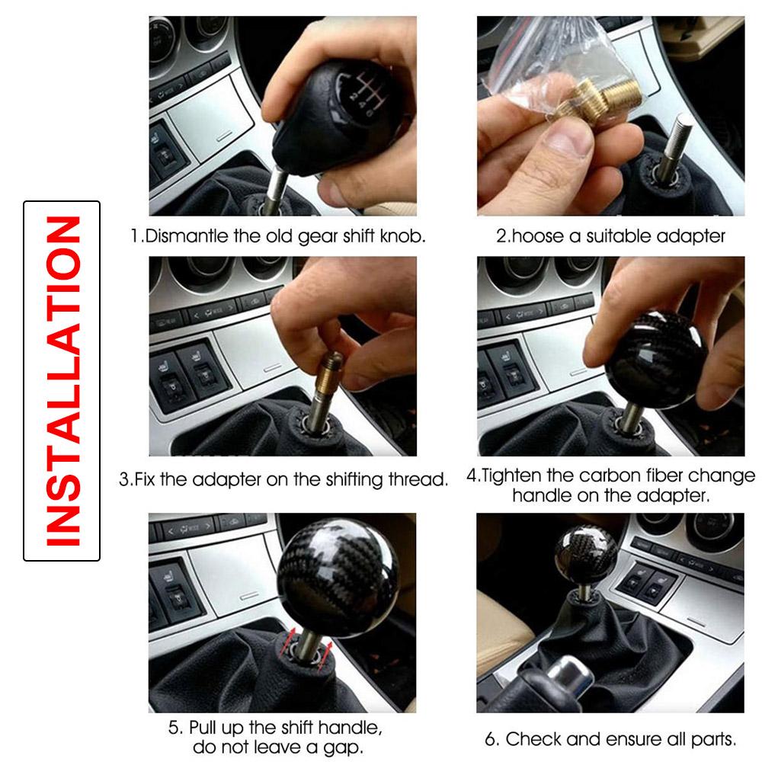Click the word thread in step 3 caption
423,480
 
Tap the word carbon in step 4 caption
613,477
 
